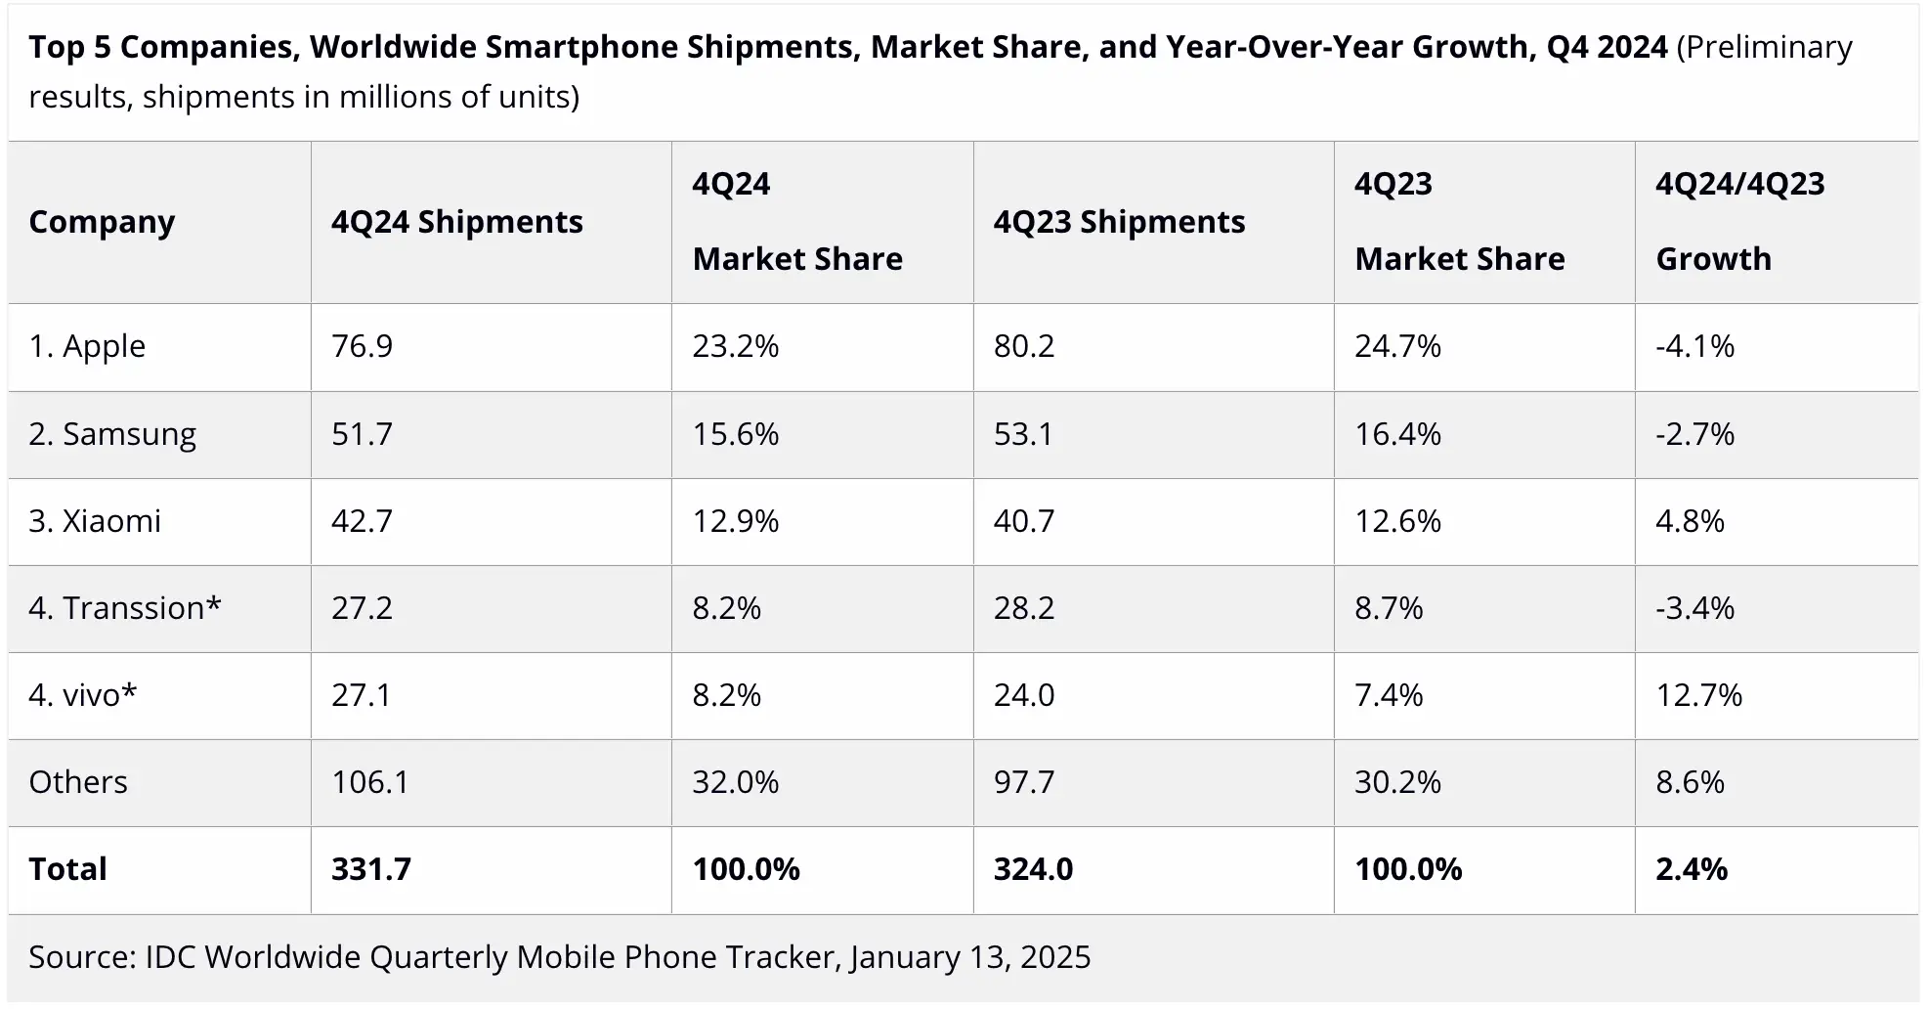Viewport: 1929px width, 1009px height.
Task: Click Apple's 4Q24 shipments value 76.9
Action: pos(362,346)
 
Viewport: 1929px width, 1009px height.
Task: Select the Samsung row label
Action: pos(112,434)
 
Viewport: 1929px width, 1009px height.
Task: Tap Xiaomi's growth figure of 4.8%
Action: pos(1690,521)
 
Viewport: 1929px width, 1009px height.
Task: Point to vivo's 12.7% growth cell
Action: pos(1698,695)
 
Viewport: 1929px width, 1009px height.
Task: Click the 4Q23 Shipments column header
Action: pos(1119,222)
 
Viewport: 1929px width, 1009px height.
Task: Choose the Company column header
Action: pos(102,222)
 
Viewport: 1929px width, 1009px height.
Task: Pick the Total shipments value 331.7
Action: pos(370,869)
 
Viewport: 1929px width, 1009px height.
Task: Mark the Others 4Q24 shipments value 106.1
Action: pos(369,782)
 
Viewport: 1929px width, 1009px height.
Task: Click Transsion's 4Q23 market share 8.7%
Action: pos(1389,608)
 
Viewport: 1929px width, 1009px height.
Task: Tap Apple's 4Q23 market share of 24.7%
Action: pos(1397,346)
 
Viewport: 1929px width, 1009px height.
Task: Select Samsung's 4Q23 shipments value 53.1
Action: pos(1023,434)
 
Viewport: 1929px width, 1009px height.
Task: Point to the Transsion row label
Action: pos(125,608)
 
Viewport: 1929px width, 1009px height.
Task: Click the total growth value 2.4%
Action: pos(1692,869)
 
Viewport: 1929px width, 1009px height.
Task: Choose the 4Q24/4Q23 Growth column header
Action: pos(1739,222)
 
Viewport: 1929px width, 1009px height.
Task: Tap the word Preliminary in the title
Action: pos(1765,47)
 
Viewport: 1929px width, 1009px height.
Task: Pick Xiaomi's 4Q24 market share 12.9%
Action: pos(735,521)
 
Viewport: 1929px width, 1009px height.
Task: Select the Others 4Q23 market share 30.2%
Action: pos(1397,782)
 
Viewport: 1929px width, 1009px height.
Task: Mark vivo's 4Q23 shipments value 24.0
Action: pos(1023,695)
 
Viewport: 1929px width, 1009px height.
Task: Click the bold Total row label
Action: pos(67,869)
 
